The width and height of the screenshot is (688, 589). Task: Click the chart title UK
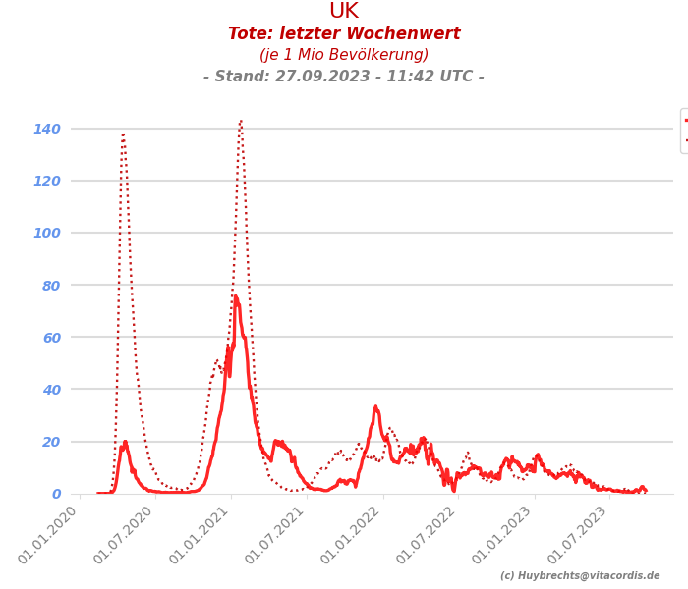[x=344, y=12]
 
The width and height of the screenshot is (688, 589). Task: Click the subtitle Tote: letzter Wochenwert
[x=344, y=34]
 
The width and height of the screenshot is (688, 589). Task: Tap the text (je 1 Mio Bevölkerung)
[x=344, y=55]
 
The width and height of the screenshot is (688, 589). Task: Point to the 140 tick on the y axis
[x=47, y=129]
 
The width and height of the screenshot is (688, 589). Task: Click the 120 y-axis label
[x=47, y=181]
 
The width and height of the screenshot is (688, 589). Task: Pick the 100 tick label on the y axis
[x=47, y=233]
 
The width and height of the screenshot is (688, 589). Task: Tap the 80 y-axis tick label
[x=51, y=285]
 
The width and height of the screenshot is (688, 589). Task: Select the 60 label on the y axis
[x=51, y=337]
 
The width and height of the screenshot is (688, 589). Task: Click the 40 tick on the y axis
[x=51, y=390]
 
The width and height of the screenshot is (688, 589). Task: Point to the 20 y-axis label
[x=51, y=442]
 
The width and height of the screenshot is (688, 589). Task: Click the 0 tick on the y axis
[x=56, y=494]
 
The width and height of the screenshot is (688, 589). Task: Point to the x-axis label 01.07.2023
[x=580, y=535]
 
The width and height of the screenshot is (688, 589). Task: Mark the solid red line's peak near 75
[x=235, y=296]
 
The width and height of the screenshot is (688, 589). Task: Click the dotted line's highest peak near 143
[x=240, y=121]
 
